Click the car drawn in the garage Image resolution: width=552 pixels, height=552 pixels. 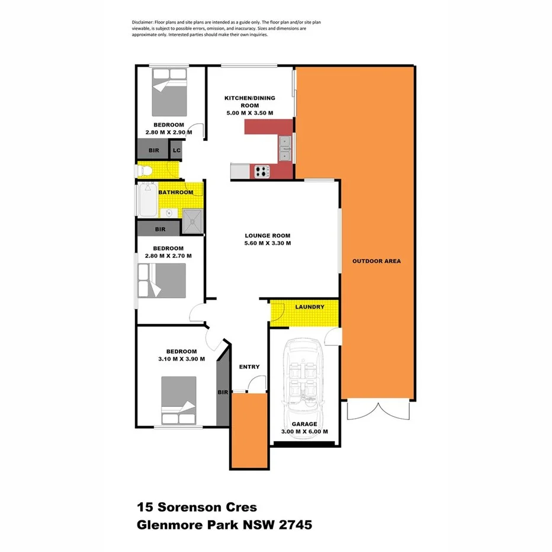[x=304, y=377]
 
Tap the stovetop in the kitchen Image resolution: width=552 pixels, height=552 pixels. [x=261, y=171]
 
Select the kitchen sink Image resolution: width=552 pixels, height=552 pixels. [x=285, y=148]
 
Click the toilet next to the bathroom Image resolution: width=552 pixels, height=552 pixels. [x=146, y=171]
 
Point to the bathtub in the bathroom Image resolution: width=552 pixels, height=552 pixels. [x=147, y=200]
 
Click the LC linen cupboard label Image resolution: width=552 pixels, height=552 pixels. [x=176, y=151]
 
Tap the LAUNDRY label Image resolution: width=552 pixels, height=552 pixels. [x=309, y=307]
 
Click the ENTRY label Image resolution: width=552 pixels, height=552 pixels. [x=249, y=367]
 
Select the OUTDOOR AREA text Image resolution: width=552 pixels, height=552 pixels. [x=376, y=261]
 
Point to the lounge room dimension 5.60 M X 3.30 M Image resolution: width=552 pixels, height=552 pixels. [x=268, y=243]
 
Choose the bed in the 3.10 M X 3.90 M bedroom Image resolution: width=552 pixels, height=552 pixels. [x=178, y=401]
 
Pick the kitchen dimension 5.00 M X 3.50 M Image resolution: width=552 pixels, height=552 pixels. [x=249, y=113]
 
